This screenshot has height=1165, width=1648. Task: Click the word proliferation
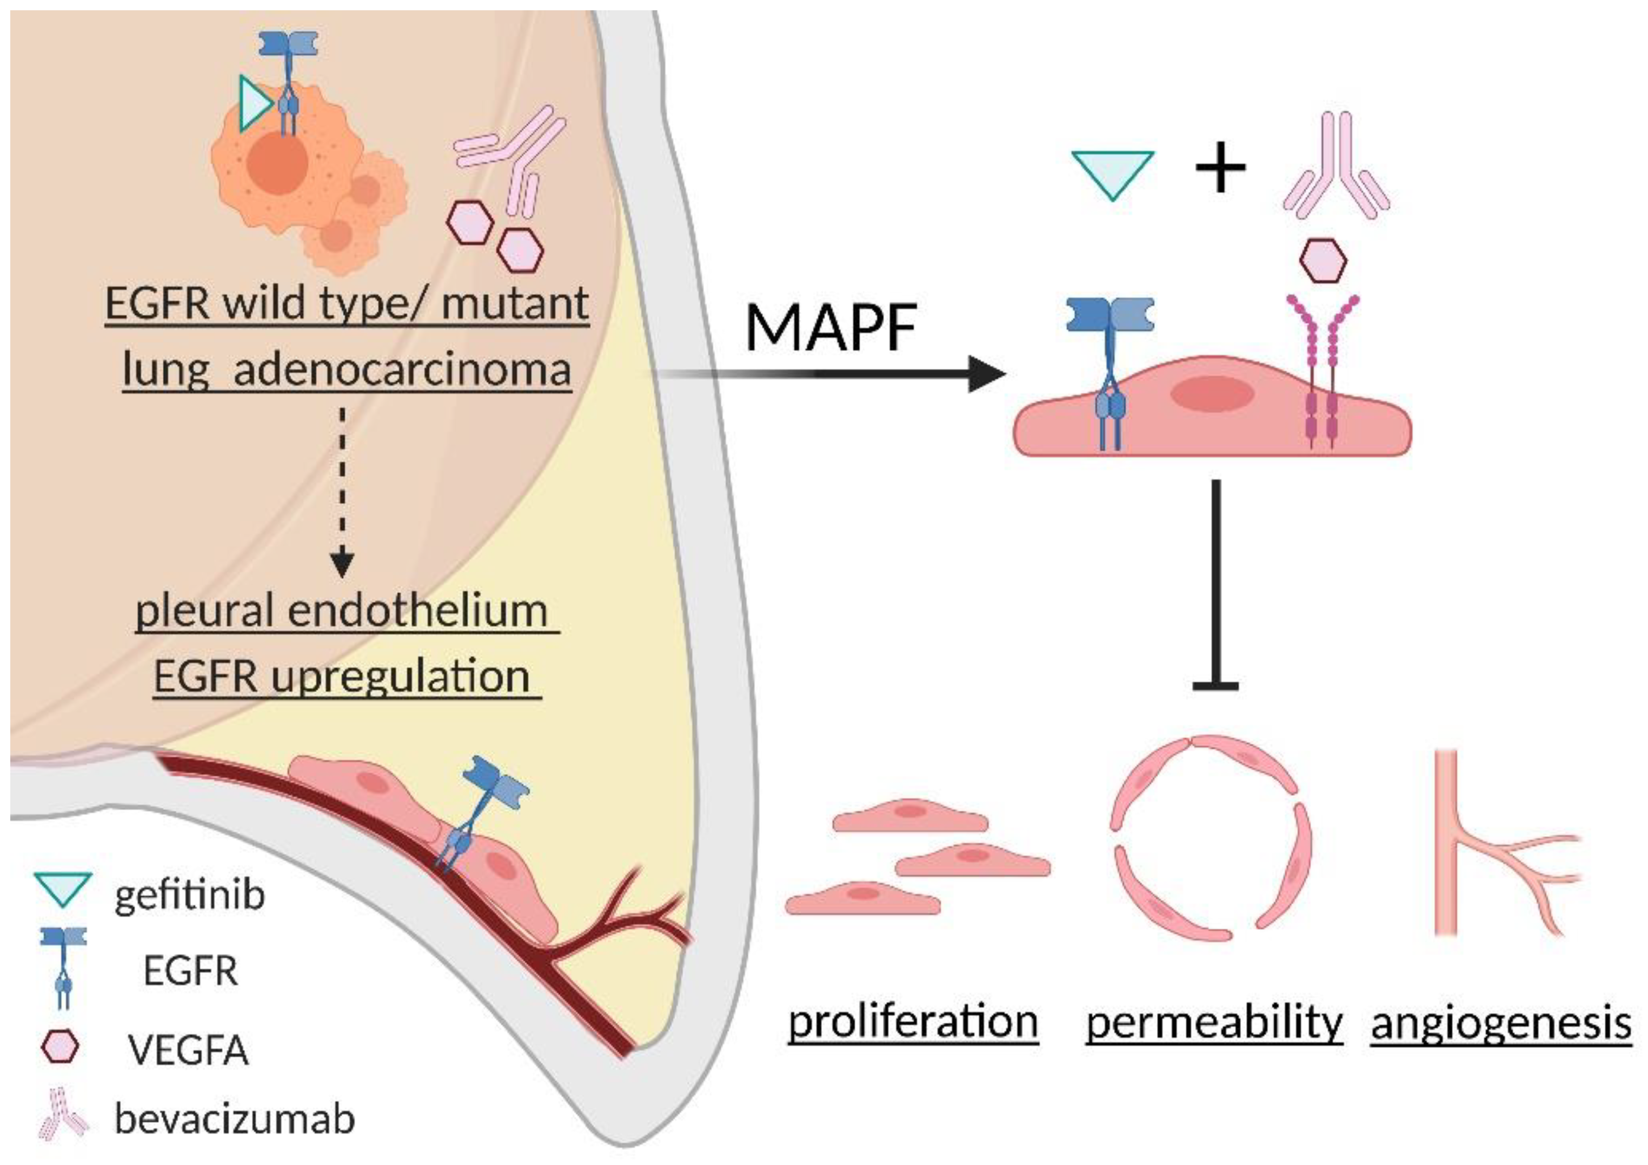913,1022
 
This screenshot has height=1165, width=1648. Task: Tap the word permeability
1214,1022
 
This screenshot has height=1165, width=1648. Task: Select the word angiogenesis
1501,1022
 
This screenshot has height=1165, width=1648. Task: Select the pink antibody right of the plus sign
1335,165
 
